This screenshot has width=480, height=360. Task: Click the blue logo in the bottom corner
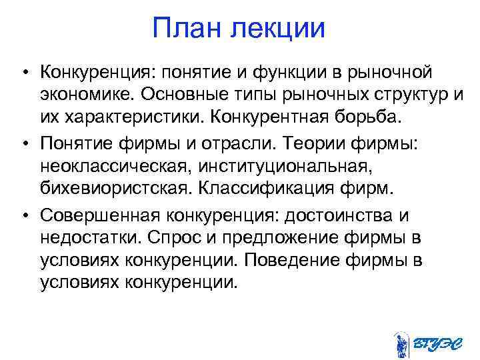tap(423, 343)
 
